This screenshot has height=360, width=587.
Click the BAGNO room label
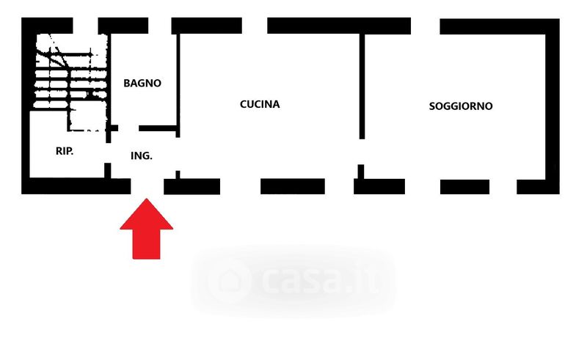point(142,84)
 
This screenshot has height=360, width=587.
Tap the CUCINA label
point(260,104)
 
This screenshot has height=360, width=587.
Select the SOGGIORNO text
point(461,106)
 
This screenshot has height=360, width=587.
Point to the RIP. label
point(65,152)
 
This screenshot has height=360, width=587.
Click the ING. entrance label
point(141,155)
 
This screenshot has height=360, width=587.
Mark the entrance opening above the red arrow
point(147,186)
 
